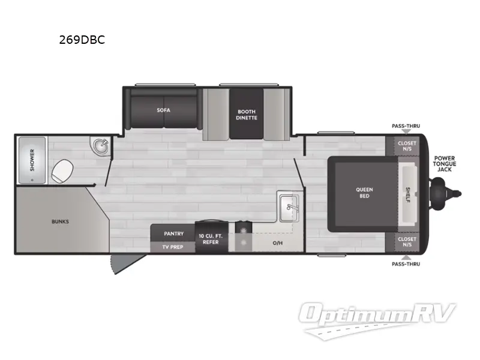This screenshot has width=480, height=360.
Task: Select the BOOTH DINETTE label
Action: pyautogui.click(x=246, y=114)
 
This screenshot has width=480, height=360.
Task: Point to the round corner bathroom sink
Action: pyautogui.click(x=100, y=146)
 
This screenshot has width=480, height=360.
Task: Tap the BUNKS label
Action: pyautogui.click(x=60, y=221)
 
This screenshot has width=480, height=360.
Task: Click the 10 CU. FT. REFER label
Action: pyautogui.click(x=211, y=239)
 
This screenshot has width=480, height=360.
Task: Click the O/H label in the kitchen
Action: pyautogui.click(x=277, y=243)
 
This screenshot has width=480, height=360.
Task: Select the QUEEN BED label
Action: pyautogui.click(x=364, y=193)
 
